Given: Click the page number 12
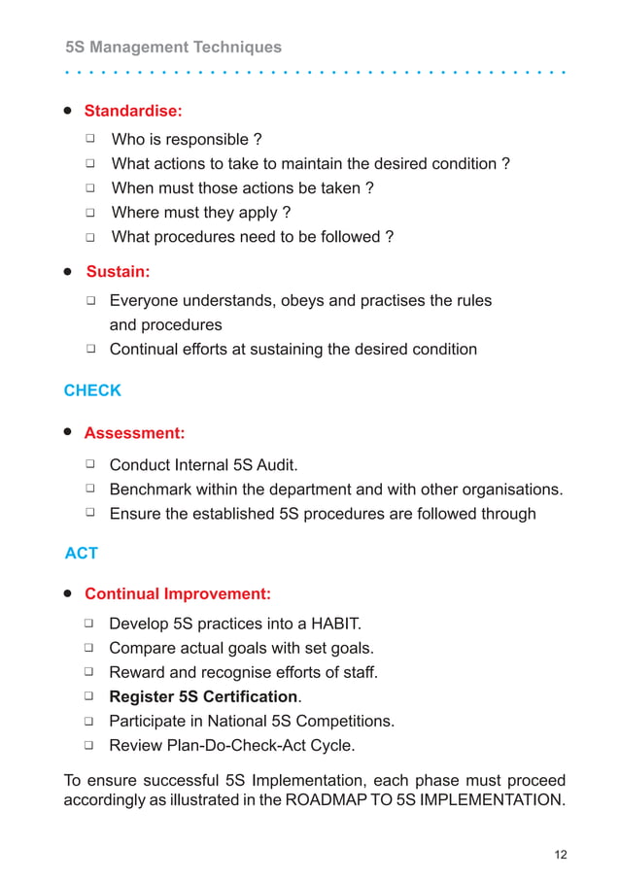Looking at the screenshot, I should point(560,855).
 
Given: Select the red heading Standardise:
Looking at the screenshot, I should point(133,111).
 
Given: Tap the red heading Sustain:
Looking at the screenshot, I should point(118,271).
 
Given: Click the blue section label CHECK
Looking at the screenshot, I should point(92,390).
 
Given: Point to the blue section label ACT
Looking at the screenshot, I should point(82,553).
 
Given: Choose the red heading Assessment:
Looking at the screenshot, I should point(134,432).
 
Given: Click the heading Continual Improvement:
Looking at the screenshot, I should point(178,593).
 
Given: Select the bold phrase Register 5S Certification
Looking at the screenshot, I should point(203,696).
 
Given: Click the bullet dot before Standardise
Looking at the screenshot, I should point(69,110).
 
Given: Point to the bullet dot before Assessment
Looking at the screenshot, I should point(69,431).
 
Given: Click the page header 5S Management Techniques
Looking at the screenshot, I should point(173,47).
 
